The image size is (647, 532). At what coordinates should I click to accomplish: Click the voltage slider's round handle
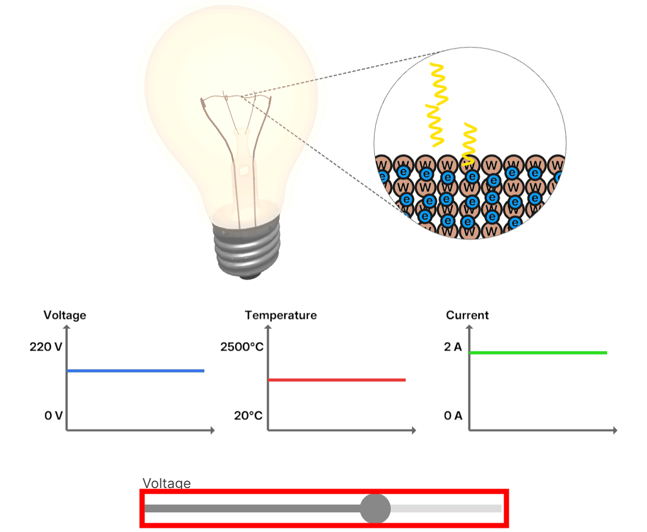(375, 508)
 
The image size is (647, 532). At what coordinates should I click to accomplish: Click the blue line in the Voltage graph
(135, 371)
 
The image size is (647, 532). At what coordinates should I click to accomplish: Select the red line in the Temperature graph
(336, 380)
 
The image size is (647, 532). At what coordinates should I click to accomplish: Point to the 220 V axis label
(46, 347)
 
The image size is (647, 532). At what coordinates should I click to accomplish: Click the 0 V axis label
(53, 416)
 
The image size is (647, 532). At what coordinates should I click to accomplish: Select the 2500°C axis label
(242, 347)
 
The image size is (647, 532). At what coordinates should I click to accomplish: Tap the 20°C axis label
(249, 416)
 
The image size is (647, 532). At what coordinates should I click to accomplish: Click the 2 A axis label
(453, 347)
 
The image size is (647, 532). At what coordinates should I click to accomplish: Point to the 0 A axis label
(453, 416)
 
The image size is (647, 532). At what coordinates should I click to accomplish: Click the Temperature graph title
(280, 315)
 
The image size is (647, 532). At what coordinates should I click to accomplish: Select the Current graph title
(467, 315)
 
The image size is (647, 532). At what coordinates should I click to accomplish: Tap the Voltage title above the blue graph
(65, 315)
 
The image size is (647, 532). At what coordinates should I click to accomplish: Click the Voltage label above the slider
(167, 483)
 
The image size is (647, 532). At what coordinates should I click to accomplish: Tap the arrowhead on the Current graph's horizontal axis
(615, 431)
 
